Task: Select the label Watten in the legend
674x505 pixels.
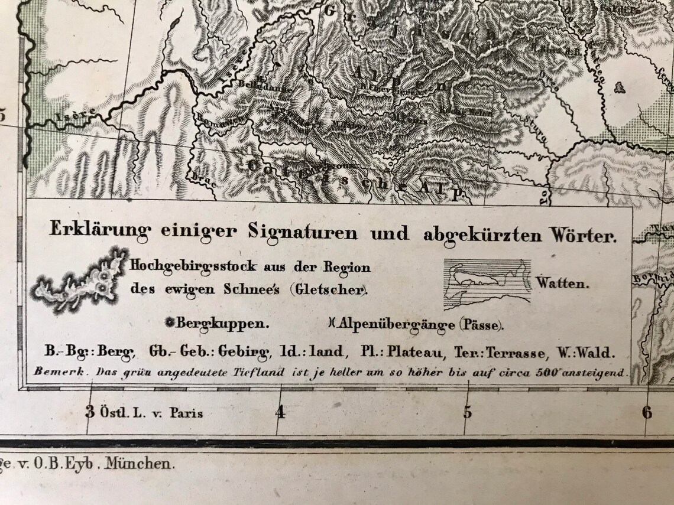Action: [562, 284]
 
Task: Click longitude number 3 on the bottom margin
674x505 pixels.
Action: [90, 412]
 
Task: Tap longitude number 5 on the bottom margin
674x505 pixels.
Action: [468, 412]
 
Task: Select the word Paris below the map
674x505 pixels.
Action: [186, 413]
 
